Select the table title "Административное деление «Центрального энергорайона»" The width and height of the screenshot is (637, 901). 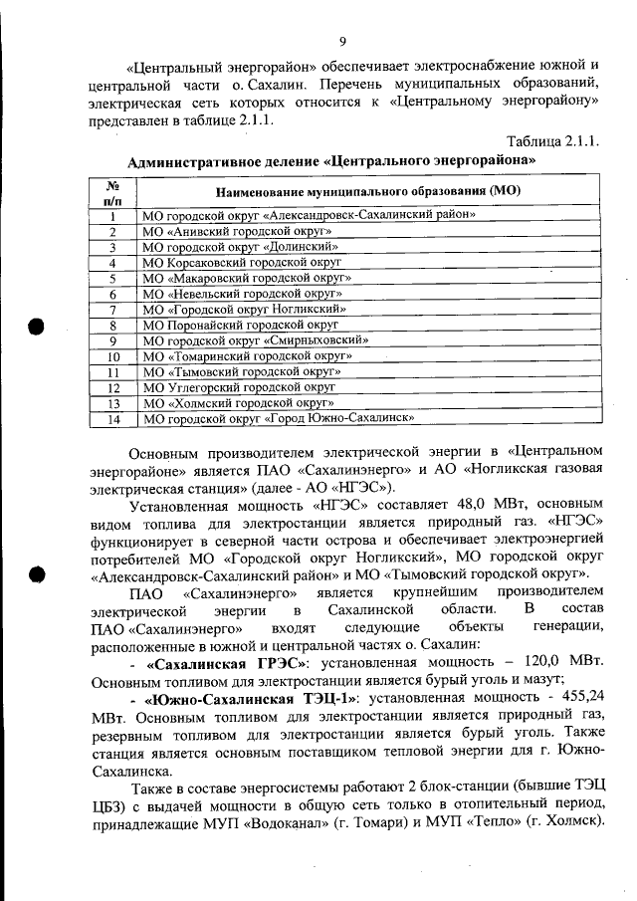pos(332,159)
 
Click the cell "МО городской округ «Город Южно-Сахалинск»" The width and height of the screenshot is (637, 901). pos(277,419)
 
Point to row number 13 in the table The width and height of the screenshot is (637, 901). pos(113,403)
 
